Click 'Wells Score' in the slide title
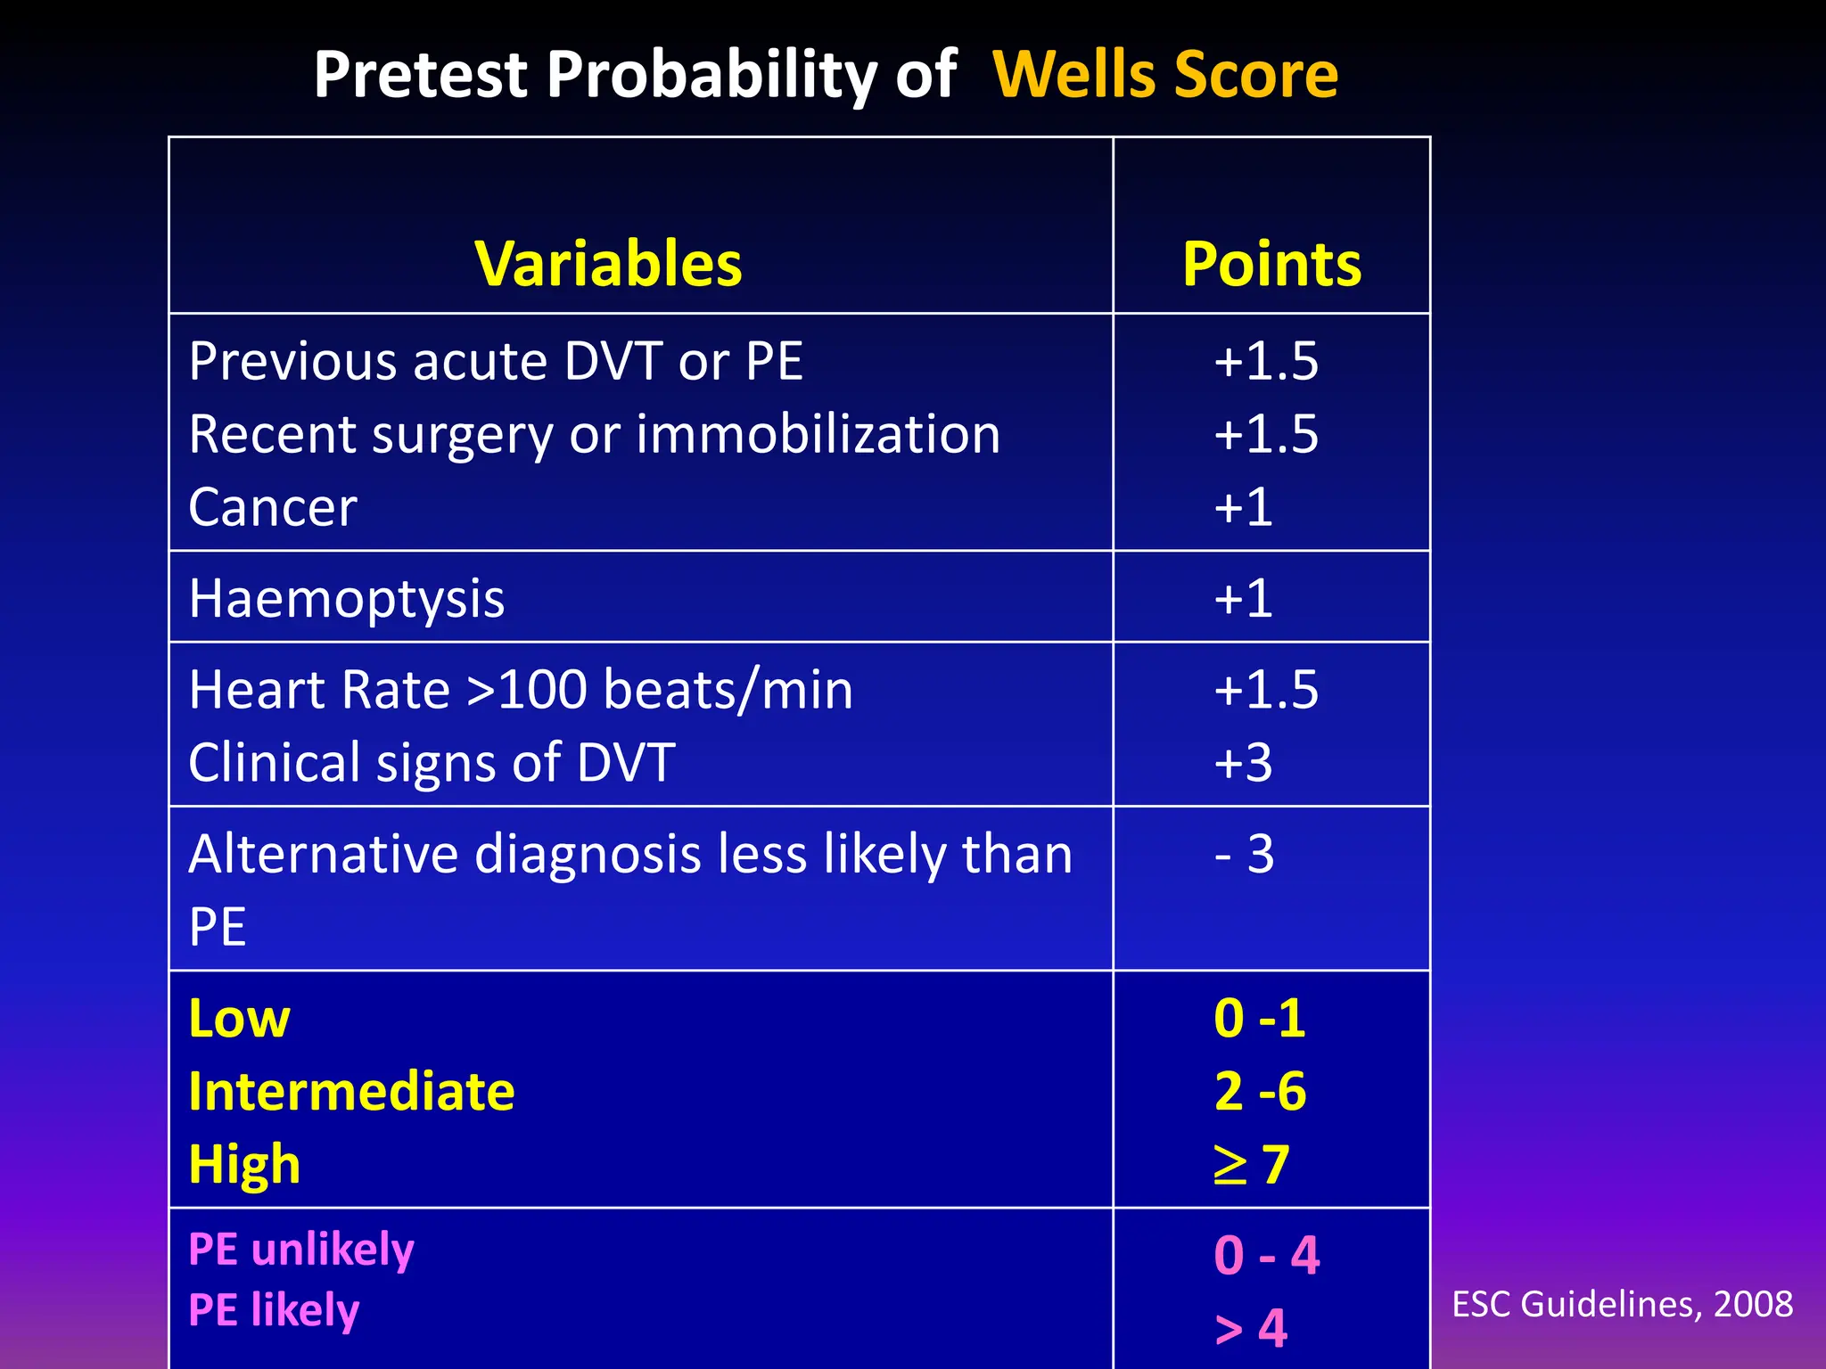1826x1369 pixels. (x=1164, y=75)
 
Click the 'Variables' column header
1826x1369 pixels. (x=608, y=265)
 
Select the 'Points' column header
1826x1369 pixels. (x=1271, y=265)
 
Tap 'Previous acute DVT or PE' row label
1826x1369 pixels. (x=496, y=362)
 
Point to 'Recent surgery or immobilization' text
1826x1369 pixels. (x=594, y=435)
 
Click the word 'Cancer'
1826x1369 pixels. (x=273, y=508)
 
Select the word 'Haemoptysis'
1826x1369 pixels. (x=347, y=599)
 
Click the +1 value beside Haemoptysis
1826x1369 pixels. (x=1243, y=599)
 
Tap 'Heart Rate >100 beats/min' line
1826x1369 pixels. (x=521, y=691)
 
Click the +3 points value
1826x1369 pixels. (x=1243, y=764)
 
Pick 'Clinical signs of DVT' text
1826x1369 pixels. (x=432, y=764)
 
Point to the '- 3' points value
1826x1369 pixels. (x=1245, y=855)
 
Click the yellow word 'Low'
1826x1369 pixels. (x=239, y=1019)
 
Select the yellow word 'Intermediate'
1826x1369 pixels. (x=351, y=1092)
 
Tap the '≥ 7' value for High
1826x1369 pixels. (x=1252, y=1165)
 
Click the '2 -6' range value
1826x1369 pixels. (x=1259, y=1092)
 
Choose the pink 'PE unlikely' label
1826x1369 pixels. (x=301, y=1250)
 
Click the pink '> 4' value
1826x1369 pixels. (x=1250, y=1329)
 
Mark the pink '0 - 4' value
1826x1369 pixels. (x=1266, y=1256)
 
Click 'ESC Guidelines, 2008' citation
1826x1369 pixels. (x=1622, y=1305)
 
